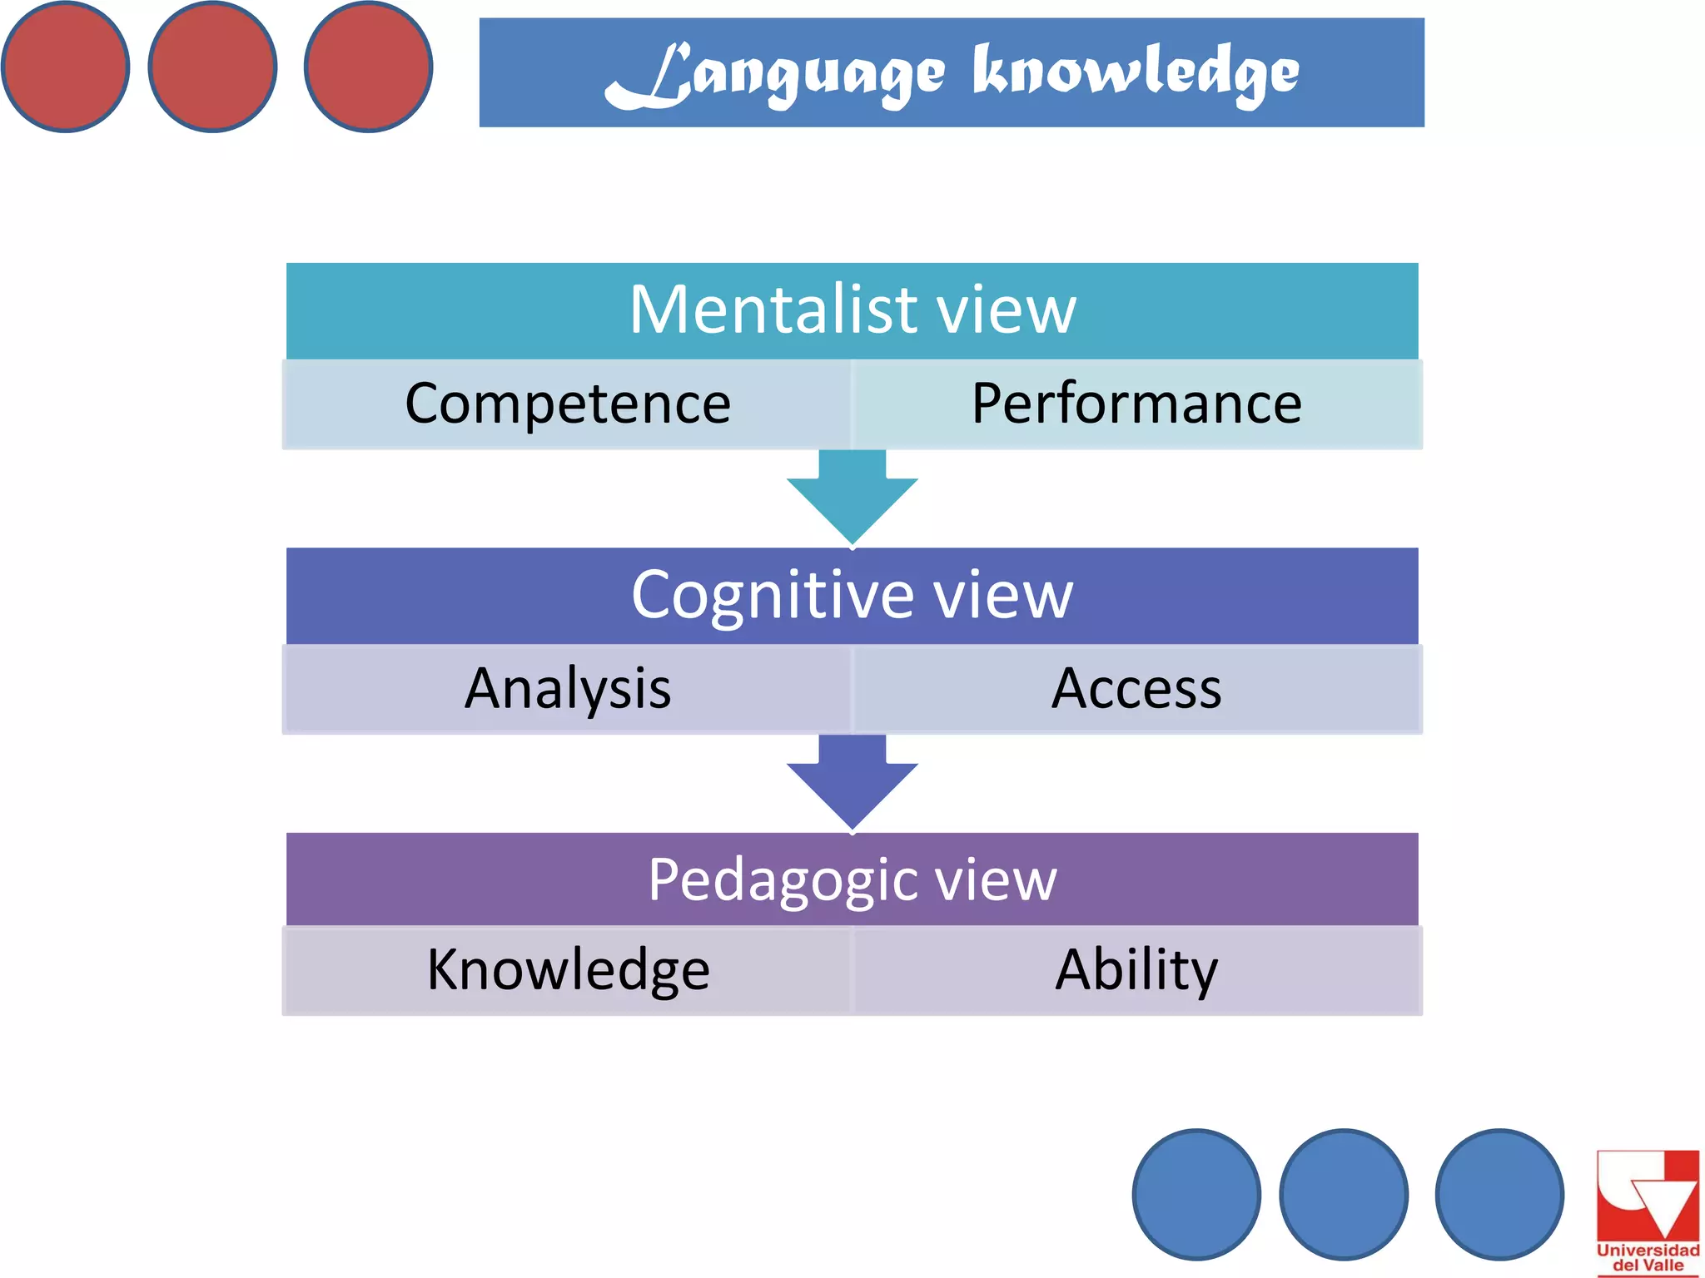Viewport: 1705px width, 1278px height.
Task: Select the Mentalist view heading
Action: click(x=852, y=310)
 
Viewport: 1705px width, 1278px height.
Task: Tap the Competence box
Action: click(x=568, y=404)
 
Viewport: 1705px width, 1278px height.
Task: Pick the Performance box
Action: click(x=1136, y=404)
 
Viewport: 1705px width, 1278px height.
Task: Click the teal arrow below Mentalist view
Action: click(x=852, y=499)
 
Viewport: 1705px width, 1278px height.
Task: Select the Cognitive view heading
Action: click(x=852, y=596)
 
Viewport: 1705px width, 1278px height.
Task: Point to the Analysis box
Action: click(x=568, y=689)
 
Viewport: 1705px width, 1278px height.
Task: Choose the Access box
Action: click(x=1136, y=689)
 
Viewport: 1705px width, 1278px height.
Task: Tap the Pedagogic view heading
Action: click(x=852, y=879)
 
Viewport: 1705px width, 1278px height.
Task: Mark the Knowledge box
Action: click(x=568, y=970)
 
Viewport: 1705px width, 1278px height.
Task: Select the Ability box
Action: click(x=1136, y=970)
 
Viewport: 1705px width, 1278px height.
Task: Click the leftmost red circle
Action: click(x=66, y=67)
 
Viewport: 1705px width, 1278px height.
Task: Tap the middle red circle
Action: click(x=212, y=67)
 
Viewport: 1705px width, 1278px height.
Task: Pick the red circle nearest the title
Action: click(x=368, y=67)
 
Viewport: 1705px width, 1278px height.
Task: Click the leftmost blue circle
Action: click(x=1196, y=1194)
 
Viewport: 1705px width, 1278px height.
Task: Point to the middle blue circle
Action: click(x=1344, y=1194)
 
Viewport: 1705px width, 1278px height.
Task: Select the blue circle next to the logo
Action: click(x=1499, y=1194)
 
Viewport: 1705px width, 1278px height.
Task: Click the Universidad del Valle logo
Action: click(x=1648, y=1211)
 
